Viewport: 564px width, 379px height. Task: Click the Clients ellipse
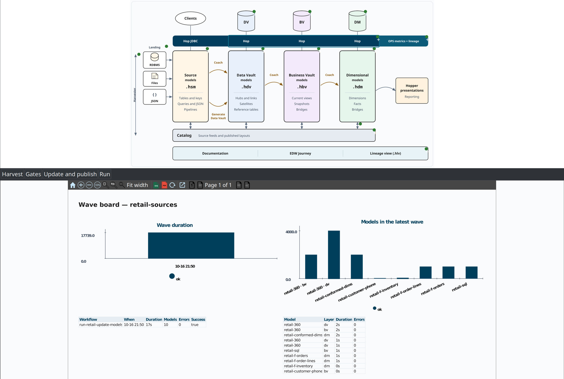tap(190, 18)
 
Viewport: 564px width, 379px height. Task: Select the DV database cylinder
tap(246, 21)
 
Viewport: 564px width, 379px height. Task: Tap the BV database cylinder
tap(302, 21)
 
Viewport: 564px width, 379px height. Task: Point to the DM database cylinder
tap(357, 21)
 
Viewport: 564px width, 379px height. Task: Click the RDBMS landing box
tap(154, 60)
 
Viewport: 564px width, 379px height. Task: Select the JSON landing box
tap(154, 97)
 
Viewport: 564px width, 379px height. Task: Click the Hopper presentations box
tap(412, 91)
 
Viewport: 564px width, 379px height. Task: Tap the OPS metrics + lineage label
tap(403, 41)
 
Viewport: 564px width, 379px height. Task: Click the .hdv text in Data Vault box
tap(246, 87)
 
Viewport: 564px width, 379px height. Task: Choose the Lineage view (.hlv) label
tap(385, 153)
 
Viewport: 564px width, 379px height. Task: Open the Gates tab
tap(33, 174)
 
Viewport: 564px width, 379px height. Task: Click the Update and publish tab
tap(70, 174)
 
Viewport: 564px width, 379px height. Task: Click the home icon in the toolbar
tap(72, 185)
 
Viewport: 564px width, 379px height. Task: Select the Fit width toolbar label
tap(137, 185)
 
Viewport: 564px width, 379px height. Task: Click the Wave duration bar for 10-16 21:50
tap(191, 245)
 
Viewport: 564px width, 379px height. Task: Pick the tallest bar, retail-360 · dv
tap(334, 255)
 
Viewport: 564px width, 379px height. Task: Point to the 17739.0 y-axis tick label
tap(88, 235)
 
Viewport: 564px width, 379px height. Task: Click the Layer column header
tap(329, 319)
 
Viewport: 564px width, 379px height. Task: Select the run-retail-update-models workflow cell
tap(101, 325)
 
